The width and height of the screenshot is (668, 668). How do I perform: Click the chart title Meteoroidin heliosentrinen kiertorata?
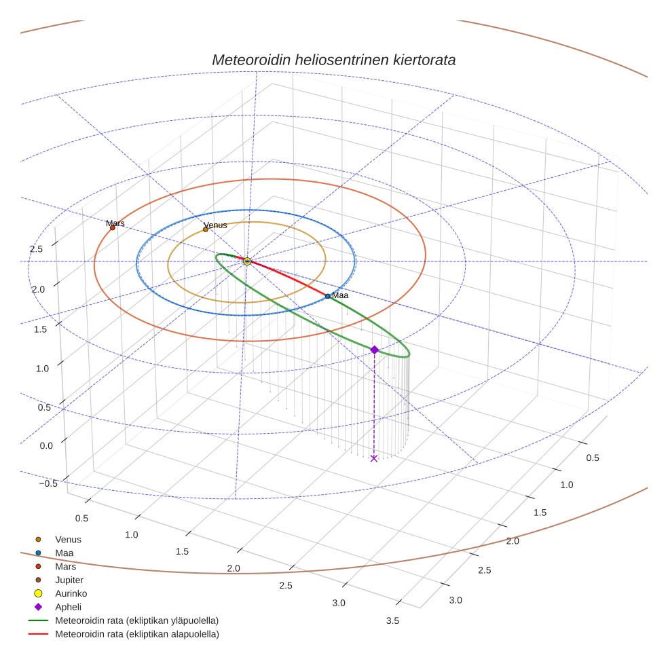click(333, 60)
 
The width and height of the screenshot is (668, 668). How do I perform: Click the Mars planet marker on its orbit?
click(113, 228)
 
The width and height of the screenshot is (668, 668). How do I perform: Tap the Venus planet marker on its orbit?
click(206, 229)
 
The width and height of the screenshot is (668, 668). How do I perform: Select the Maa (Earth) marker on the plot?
click(328, 296)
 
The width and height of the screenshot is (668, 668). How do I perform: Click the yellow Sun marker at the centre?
click(247, 261)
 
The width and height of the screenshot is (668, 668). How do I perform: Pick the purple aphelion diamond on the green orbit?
click(374, 350)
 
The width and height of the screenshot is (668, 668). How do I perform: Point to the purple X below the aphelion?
click(374, 459)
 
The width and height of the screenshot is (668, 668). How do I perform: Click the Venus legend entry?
click(68, 540)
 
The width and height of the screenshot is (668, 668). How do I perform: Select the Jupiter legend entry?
click(69, 580)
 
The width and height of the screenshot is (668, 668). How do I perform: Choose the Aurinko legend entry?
click(71, 593)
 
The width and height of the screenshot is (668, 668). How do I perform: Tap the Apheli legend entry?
click(68, 607)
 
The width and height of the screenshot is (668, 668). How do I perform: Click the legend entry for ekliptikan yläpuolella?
click(136, 620)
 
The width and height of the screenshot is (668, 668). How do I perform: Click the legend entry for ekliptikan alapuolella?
click(136, 634)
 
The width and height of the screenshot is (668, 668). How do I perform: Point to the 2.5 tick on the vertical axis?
click(36, 249)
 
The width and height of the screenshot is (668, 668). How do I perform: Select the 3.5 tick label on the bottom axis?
click(392, 620)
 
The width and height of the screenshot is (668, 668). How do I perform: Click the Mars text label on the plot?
click(115, 223)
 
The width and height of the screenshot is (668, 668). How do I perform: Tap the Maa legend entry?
click(64, 553)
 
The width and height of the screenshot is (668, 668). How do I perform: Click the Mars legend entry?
click(65, 567)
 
